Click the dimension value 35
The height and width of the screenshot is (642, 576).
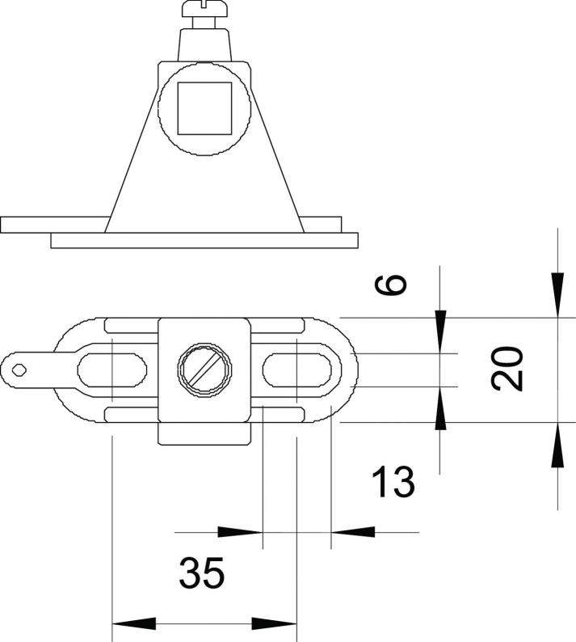pos(202,572)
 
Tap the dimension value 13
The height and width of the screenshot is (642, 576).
pos(393,482)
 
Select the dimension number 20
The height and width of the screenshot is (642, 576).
pos(507,369)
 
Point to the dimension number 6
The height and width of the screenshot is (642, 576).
pos(391,285)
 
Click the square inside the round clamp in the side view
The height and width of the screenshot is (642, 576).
pos(204,108)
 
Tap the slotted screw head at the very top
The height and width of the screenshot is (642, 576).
pos(204,9)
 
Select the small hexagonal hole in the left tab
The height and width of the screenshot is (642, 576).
pos(19,370)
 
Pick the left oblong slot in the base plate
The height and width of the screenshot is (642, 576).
pos(112,370)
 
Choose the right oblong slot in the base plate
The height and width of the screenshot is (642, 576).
pos(297,370)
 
